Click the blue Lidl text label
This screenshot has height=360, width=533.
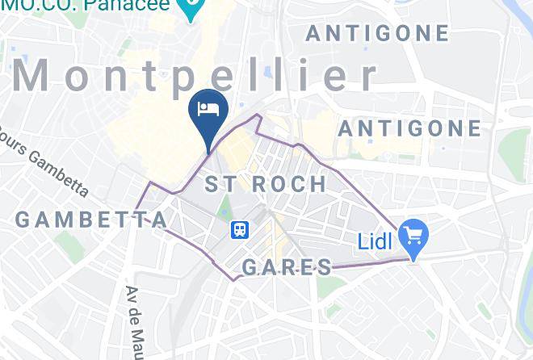pos(376,241)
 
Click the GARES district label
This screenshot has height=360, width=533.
pos(287,268)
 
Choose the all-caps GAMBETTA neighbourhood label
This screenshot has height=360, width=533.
pos(90,220)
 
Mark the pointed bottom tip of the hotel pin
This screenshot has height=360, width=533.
pos(210,151)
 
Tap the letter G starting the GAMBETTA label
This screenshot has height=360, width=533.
pos(23,220)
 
